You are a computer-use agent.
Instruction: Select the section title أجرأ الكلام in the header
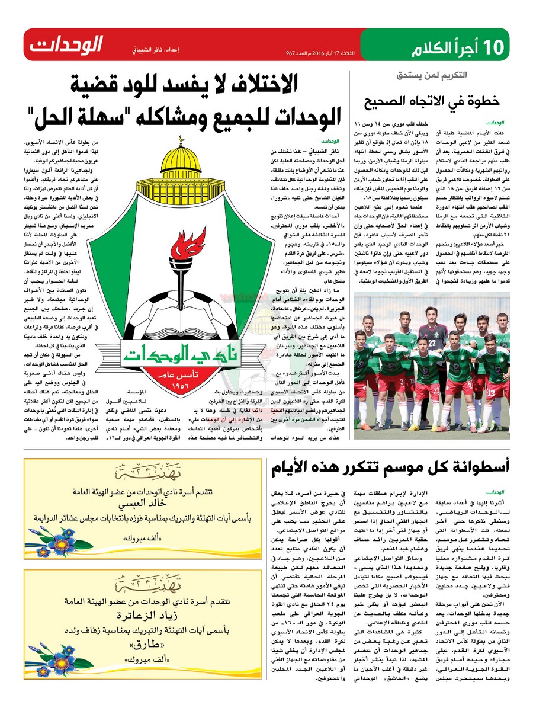coord(447,46)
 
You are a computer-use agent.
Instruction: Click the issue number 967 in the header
coord(291,53)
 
